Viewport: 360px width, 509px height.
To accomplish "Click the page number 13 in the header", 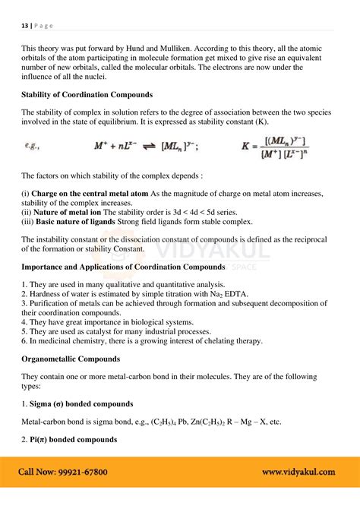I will pos(24,24).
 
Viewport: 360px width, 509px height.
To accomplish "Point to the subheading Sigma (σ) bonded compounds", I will pos(81,403).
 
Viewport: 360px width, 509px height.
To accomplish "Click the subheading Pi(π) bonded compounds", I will pos(74,439).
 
